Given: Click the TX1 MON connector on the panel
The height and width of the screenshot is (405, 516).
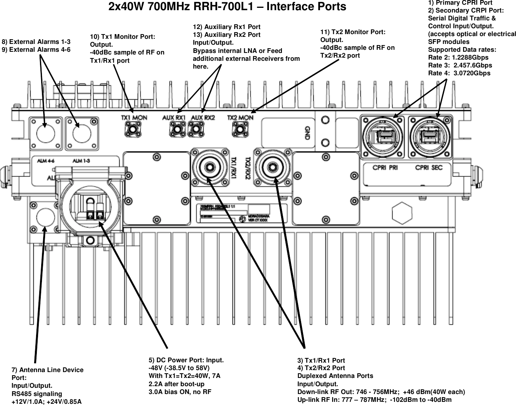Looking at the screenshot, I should [x=133, y=128].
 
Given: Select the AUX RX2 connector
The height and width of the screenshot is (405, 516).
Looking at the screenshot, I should [x=196, y=128].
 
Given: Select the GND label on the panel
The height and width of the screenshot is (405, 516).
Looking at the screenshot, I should [x=307, y=133].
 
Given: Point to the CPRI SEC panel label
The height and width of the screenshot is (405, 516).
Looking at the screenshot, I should [x=429, y=167].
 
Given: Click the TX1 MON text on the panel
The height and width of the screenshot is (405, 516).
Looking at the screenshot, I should [x=134, y=117].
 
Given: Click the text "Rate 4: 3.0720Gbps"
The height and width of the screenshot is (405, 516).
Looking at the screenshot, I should [x=459, y=73].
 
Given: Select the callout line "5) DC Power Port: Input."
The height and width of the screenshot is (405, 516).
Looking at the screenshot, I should [x=186, y=360].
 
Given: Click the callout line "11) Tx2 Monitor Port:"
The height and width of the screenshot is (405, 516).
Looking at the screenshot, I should [x=353, y=32].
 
